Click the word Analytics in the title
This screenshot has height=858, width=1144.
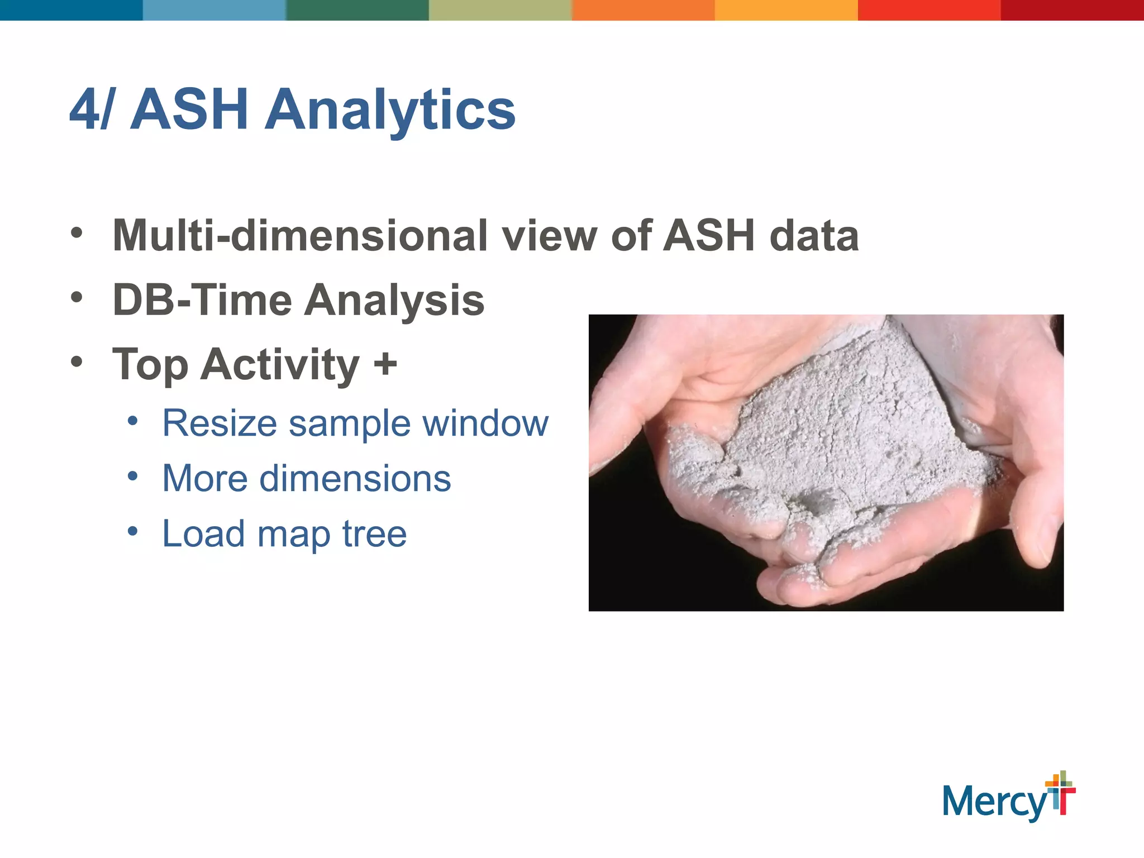[390, 110]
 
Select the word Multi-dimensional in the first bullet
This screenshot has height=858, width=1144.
[300, 236]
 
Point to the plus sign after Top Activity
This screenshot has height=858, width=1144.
[385, 364]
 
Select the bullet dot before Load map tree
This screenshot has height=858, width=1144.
[132, 531]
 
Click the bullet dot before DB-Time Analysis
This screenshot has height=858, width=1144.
[77, 297]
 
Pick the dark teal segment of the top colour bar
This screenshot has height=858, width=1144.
[71, 10]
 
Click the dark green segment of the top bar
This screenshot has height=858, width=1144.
[357, 10]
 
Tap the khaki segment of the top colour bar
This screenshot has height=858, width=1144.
[500, 10]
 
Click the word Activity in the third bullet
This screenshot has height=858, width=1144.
[280, 364]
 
